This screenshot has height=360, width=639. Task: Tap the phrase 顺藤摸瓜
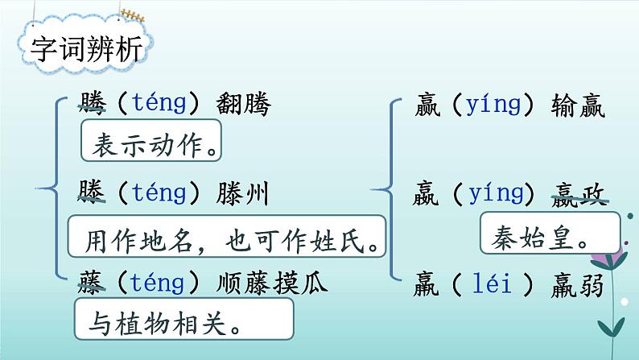coord(272,283)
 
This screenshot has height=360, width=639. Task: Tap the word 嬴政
coord(579,193)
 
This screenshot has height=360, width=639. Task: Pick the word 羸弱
coord(579,283)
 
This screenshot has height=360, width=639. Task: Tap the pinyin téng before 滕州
coord(159,193)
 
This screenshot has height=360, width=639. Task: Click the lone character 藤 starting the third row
coord(93,283)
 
